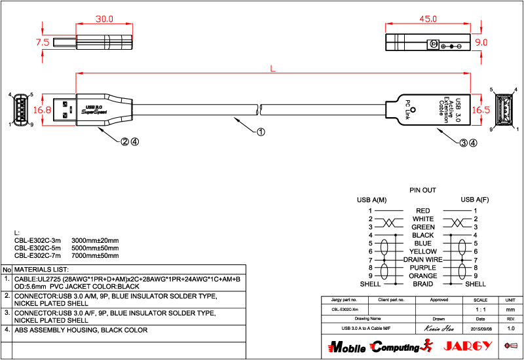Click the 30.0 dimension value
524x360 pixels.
104,19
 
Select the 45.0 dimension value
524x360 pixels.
428,19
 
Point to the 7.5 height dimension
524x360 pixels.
43,42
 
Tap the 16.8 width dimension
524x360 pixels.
43,109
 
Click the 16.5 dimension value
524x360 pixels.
481,109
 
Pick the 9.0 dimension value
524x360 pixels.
481,42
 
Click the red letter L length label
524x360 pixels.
272,67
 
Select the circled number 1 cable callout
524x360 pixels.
260,132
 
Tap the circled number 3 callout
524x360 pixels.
463,141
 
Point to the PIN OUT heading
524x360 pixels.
422,190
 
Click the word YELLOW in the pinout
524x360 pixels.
422,251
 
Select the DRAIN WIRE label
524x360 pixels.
422,260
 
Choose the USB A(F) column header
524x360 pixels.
474,200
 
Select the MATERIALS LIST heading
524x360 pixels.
41,270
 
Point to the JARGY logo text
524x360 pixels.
467,346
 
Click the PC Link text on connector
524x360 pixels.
407,110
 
